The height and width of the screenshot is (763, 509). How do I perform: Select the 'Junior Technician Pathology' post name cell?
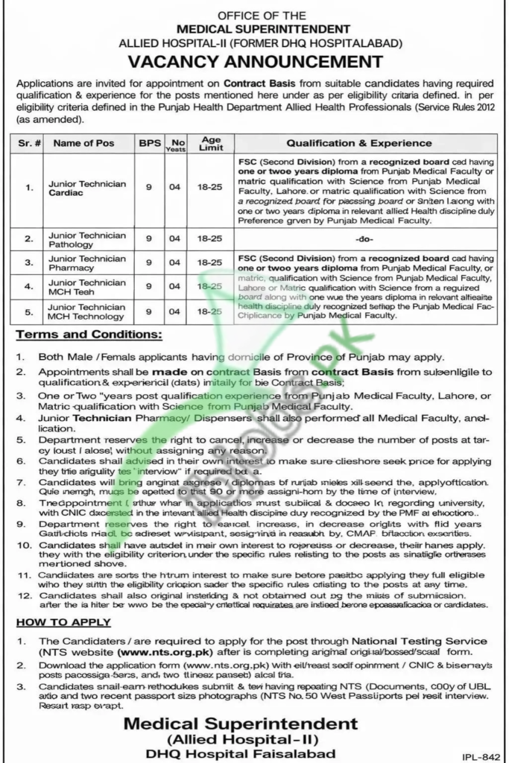click(x=81, y=239)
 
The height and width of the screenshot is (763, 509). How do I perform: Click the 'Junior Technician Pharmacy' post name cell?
click(x=81, y=262)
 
